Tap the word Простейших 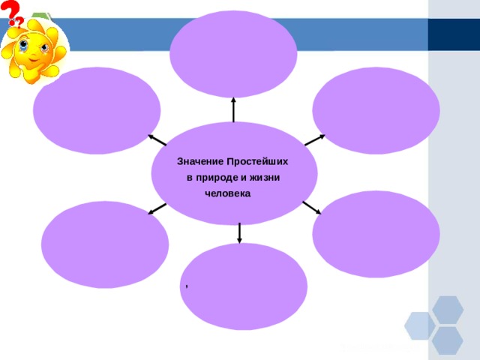[257, 161]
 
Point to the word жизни [265, 178]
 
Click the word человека [227, 193]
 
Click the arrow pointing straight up [233, 109]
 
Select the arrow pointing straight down [239, 233]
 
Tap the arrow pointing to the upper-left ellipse [157, 140]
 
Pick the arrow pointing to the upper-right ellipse [315, 140]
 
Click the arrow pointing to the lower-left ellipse [157, 208]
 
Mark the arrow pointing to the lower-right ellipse [312, 208]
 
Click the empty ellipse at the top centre [233, 54]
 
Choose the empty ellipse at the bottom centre [243, 286]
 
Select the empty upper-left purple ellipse [97, 110]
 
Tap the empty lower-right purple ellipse [376, 234]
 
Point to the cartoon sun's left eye [23, 46]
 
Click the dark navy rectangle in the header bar [454, 34]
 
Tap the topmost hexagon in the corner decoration [448, 310]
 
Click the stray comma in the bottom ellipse [187, 286]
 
